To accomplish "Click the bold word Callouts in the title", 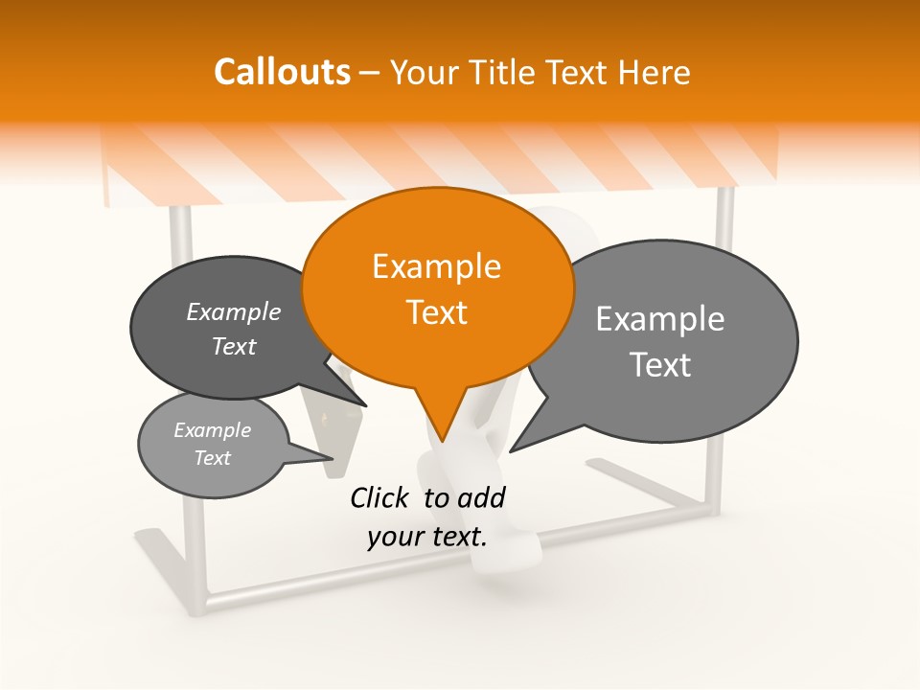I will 282,72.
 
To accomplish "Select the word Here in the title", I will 655,72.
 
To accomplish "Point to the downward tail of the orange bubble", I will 442,422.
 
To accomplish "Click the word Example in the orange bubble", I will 436,266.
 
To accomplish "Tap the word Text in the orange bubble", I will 436,312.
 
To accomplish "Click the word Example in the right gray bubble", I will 660,318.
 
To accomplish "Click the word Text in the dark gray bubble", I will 233,346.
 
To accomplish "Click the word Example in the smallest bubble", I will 212,430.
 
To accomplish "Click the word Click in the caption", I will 380,497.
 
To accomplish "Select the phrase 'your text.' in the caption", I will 427,537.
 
